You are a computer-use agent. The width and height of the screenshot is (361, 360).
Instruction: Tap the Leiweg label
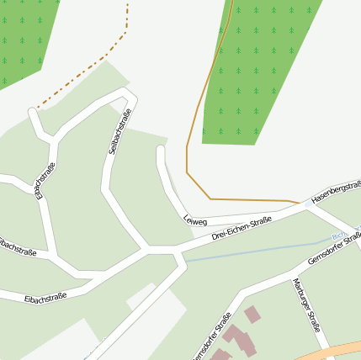point(194,220)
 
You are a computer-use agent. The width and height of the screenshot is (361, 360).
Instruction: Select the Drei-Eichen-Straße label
point(241,228)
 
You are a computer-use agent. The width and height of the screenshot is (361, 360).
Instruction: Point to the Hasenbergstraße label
point(336,193)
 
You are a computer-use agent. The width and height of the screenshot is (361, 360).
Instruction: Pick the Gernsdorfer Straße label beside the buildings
point(211,334)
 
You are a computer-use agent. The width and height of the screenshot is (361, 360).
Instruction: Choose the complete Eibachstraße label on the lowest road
point(45,298)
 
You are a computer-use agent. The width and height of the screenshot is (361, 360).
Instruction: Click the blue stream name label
point(339,236)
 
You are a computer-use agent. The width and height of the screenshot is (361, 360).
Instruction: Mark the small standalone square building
point(252,315)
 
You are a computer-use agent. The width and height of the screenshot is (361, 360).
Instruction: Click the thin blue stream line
point(252,251)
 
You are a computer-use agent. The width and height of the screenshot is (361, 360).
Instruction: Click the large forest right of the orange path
point(261,67)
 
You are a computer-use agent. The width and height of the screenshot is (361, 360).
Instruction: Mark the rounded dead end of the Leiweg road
point(161,151)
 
